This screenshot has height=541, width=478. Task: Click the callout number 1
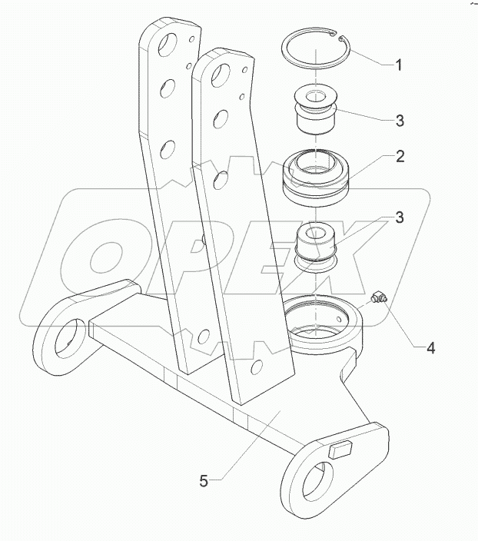(398, 65)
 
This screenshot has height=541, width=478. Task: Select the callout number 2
(400, 156)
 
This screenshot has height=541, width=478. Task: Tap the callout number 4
(431, 348)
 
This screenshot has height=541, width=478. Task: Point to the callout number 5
(203, 481)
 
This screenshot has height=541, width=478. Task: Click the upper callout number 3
(400, 121)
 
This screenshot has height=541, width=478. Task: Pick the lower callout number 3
(400, 217)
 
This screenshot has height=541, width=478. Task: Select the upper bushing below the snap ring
(315, 111)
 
